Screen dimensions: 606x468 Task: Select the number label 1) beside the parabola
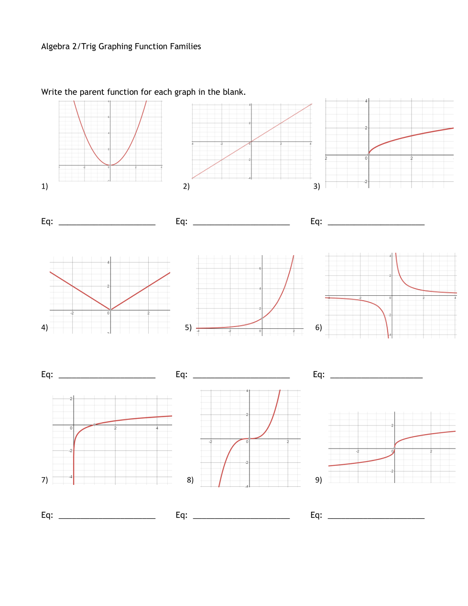44,186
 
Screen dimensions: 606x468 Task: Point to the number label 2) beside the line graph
186,186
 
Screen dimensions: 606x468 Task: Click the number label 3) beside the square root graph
316,186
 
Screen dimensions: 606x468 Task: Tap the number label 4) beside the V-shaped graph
44,327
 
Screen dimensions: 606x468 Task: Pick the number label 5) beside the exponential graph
188,327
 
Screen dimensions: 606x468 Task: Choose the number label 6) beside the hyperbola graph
318,327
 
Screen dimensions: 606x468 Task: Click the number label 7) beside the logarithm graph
44,480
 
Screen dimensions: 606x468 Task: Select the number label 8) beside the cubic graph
190,480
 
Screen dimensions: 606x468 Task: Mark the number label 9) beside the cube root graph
318,480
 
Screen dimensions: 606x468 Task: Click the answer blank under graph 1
107,223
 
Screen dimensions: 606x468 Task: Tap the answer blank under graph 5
241,376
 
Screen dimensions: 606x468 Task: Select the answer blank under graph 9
376,516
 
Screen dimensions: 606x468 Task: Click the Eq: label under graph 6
319,374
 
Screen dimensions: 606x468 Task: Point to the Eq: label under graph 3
316,221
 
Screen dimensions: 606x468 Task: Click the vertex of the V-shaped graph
110,310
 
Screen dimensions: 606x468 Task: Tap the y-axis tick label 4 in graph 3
366,101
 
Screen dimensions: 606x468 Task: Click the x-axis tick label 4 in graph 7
157,428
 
